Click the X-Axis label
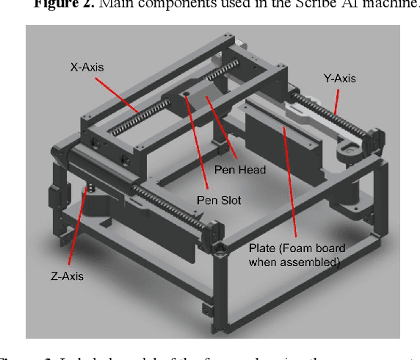click(x=87, y=67)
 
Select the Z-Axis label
click(x=68, y=276)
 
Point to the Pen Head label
click(x=239, y=169)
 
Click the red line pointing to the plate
click(x=289, y=183)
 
